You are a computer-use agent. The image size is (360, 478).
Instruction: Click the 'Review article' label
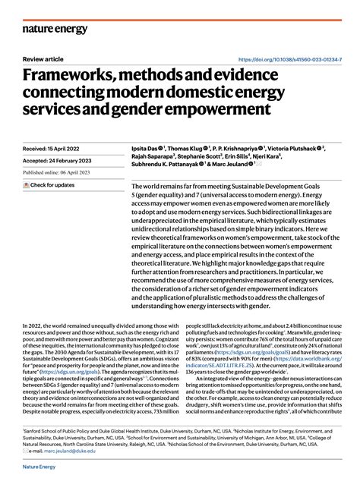[x=43, y=59]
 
